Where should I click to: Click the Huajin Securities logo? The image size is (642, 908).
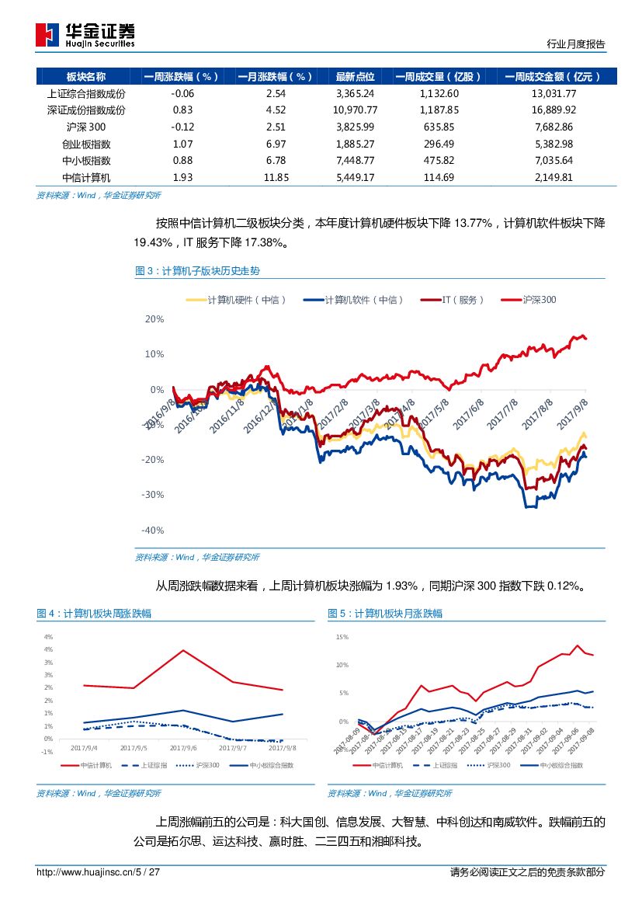(x=85, y=34)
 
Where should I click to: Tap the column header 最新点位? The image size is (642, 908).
(x=355, y=77)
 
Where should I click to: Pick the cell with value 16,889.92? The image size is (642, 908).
(x=550, y=110)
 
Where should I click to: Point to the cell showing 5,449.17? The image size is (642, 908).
(x=355, y=177)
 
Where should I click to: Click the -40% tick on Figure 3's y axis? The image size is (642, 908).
(x=154, y=531)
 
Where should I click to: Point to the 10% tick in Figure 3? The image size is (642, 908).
(x=154, y=354)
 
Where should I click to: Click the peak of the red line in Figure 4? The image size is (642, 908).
(x=183, y=650)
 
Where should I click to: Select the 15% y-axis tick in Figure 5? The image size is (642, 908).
(x=342, y=637)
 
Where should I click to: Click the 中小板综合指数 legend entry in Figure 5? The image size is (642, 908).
(x=556, y=766)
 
